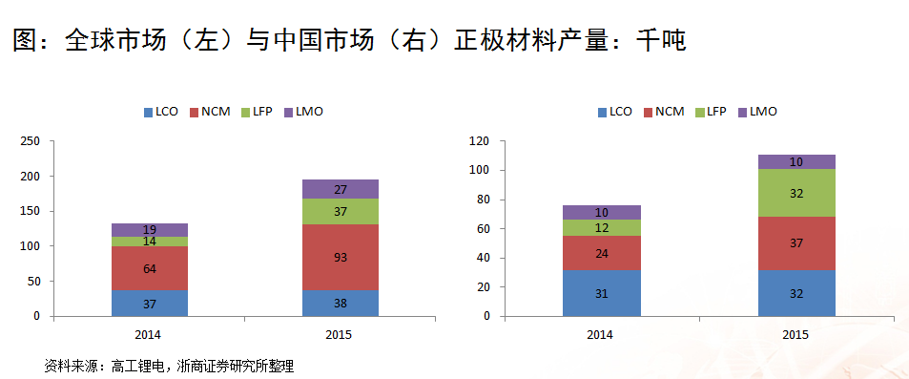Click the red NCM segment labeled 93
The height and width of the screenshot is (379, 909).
pyautogui.click(x=340, y=258)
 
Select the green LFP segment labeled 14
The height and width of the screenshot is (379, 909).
pyautogui.click(x=149, y=242)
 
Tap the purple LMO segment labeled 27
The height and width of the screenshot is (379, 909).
pyautogui.click(x=340, y=189)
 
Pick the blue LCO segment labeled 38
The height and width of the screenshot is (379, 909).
pyautogui.click(x=340, y=303)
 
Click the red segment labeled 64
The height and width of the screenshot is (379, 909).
pyautogui.click(x=149, y=268)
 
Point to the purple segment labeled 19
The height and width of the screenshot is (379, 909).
pyautogui.click(x=149, y=229)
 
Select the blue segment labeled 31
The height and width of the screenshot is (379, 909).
pyautogui.click(x=601, y=293)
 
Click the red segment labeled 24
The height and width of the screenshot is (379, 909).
pyautogui.click(x=601, y=253)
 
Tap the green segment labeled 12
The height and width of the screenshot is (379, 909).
pyautogui.click(x=601, y=227)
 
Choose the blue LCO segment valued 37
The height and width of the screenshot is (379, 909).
pyautogui.click(x=149, y=303)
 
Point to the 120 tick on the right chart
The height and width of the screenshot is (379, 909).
pyautogui.click(x=479, y=141)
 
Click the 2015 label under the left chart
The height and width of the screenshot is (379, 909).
pyautogui.click(x=340, y=333)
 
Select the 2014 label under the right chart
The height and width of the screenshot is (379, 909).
pyautogui.click(x=601, y=333)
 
